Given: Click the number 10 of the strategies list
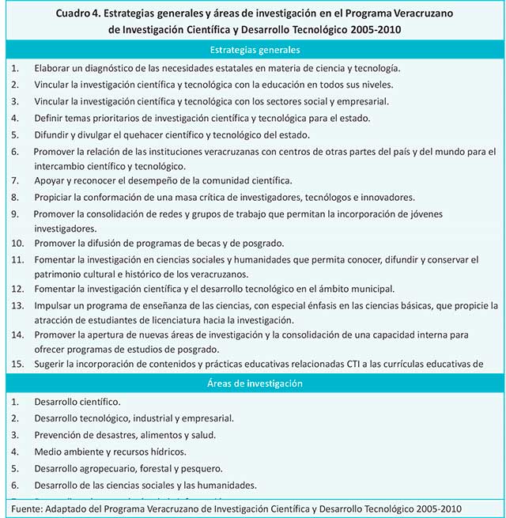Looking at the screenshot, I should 17,243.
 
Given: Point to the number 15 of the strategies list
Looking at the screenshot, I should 17,364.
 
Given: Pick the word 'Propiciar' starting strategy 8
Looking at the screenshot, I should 55,197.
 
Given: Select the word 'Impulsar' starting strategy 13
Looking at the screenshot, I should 55,305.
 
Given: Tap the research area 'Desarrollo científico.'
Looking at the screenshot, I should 77,402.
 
